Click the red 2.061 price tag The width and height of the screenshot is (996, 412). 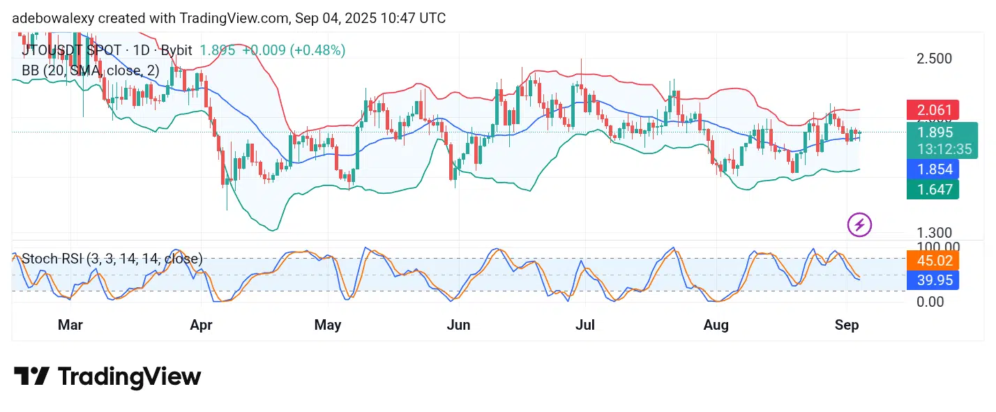click(933, 109)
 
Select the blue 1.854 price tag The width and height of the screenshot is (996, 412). click(933, 169)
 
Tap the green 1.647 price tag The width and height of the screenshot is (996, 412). click(933, 189)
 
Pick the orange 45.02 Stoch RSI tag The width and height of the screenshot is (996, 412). click(933, 261)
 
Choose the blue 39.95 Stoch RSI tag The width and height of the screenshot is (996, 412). click(933, 280)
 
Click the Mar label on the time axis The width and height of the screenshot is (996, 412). click(70, 325)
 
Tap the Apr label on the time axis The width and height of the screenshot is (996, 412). click(201, 325)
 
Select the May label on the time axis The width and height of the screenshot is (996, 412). click(328, 325)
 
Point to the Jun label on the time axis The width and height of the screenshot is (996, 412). click(459, 325)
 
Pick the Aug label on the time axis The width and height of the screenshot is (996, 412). click(716, 325)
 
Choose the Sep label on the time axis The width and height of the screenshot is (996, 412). click(846, 325)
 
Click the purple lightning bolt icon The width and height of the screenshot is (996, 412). click(859, 224)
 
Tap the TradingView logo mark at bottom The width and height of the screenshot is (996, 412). click(31, 376)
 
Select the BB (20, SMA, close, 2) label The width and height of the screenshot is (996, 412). click(91, 70)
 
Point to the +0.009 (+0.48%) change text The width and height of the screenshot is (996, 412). click(294, 50)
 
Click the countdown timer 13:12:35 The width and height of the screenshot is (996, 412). click(945, 148)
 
